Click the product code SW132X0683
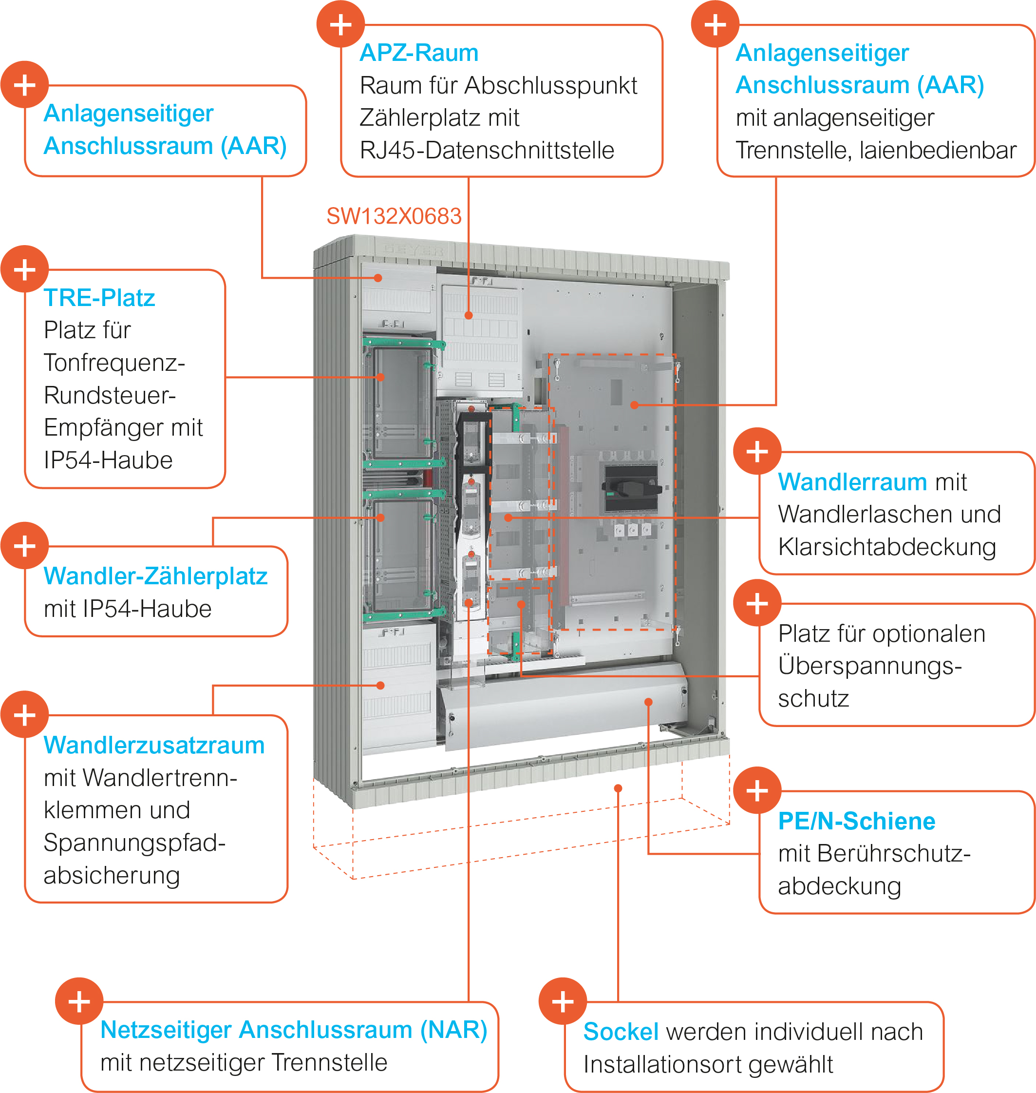(x=393, y=216)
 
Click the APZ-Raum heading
(x=418, y=53)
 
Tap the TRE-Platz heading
(x=99, y=298)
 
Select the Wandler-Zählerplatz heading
(x=155, y=576)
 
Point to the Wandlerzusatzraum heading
(x=154, y=746)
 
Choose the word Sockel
(x=621, y=1032)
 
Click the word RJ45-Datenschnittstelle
(x=487, y=150)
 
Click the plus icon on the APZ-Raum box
(x=341, y=25)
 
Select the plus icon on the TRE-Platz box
(x=25, y=269)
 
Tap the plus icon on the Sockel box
(x=563, y=1002)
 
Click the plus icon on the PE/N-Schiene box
(x=757, y=791)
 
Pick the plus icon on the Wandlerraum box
(x=757, y=451)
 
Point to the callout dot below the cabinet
(x=619, y=788)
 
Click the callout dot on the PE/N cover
(x=649, y=702)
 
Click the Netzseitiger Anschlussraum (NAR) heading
(x=293, y=1030)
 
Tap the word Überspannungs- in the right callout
(x=870, y=667)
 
